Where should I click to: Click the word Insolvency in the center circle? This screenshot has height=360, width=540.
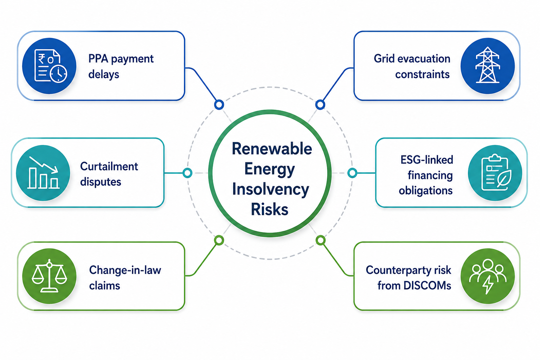coord(270,189)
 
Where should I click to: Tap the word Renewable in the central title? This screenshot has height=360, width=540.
coord(272,148)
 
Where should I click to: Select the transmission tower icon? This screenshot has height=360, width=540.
coord(488,65)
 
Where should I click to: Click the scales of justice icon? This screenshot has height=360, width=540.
coord(50,276)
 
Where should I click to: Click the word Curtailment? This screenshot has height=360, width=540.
coord(109,166)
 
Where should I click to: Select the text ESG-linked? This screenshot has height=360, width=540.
coord(427,160)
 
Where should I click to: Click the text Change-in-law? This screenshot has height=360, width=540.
coord(125,270)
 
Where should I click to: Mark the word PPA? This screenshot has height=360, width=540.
coord(98,59)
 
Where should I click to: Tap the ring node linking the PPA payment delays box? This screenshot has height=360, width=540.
coord(219,105)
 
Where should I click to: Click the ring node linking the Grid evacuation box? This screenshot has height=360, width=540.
coord(320,105)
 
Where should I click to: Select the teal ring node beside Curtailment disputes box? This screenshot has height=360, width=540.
coord(187,173)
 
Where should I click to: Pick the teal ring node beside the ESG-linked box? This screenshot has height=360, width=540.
coord(352,173)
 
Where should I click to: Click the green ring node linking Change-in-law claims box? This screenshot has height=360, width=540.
coord(219,240)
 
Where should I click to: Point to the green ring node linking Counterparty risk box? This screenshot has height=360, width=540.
coord(321,240)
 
